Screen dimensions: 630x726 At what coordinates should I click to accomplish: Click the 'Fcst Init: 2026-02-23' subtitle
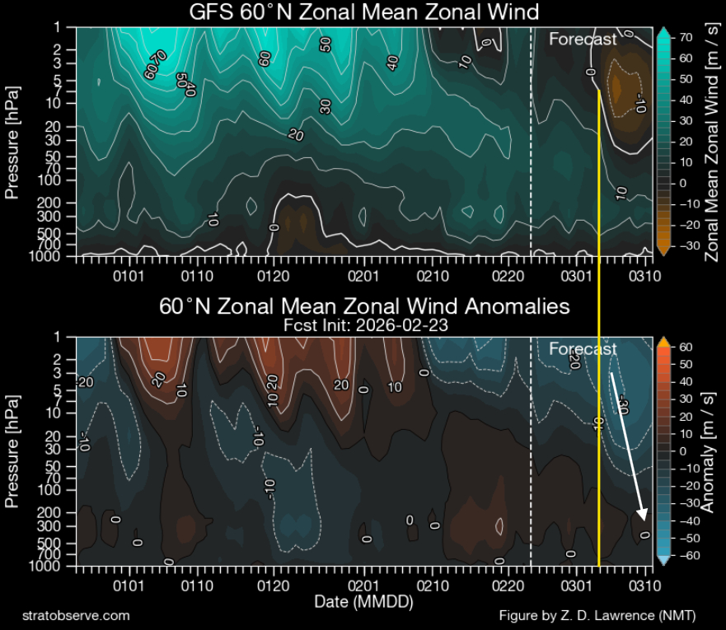[x=363, y=324]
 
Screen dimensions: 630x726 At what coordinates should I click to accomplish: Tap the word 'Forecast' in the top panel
[x=583, y=39]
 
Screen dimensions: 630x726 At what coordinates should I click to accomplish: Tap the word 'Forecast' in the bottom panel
[x=583, y=349]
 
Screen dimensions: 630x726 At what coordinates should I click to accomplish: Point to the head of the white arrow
[x=643, y=518]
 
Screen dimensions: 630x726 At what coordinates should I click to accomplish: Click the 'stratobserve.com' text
[x=76, y=615]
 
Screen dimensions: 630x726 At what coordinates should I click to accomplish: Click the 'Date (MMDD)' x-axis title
[x=363, y=602]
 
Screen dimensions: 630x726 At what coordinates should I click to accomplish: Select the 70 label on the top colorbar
[x=685, y=37]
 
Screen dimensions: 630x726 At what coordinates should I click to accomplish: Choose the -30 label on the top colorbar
[x=686, y=245]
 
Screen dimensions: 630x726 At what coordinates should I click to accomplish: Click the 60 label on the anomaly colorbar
[x=685, y=347]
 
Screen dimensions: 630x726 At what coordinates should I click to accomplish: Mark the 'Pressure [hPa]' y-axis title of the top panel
[x=12, y=141]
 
